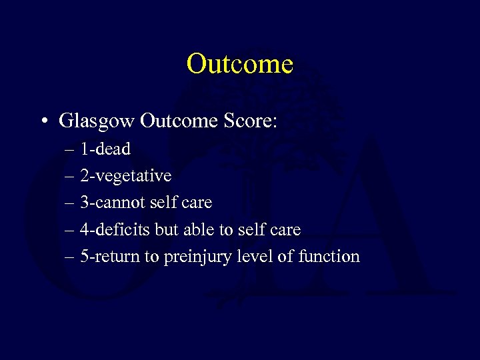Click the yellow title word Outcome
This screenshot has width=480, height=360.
click(239, 64)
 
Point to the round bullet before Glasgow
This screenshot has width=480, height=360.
click(43, 122)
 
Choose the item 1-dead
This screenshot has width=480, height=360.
click(105, 149)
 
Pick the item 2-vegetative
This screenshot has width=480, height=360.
click(125, 176)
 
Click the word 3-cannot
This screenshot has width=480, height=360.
click(109, 203)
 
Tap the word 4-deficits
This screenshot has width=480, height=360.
click(114, 230)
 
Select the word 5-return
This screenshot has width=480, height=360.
click(110, 257)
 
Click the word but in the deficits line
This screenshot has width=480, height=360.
click(166, 230)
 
